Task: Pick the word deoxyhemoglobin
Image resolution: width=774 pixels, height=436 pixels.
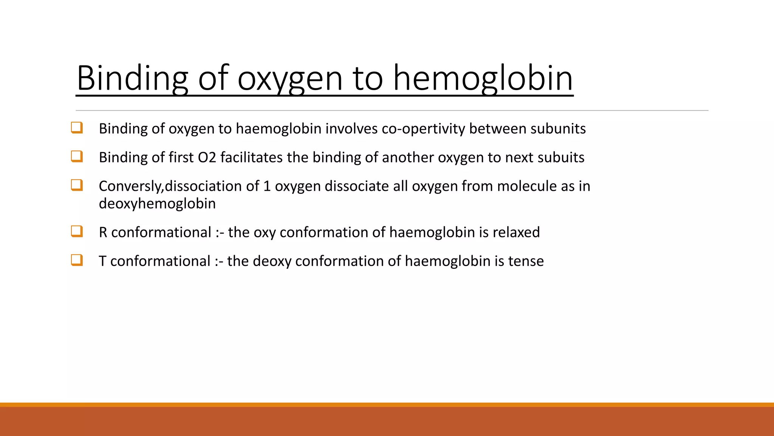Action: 157,204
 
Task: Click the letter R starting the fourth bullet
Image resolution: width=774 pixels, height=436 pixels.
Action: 103,232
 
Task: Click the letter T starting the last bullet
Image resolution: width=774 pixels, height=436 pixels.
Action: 102,261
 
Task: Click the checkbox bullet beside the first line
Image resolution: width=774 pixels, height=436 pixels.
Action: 77,128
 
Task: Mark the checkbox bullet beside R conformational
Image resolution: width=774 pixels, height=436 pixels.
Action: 77,231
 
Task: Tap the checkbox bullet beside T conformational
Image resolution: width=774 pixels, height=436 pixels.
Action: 77,260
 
